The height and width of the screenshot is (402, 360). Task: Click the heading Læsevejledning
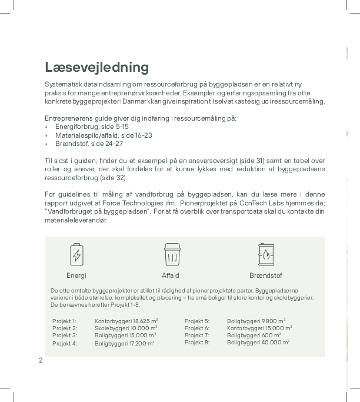point(97,67)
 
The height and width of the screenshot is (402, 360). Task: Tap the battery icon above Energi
point(76,255)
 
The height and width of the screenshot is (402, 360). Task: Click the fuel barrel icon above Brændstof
point(266,254)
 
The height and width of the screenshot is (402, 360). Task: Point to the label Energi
point(76,275)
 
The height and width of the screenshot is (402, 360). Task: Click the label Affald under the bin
point(171,275)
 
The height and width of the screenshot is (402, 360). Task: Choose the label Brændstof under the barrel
point(266,275)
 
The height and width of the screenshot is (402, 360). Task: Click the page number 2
point(41,360)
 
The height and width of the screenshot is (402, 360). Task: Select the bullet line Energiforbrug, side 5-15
point(92,127)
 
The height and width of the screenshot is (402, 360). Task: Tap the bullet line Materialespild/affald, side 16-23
point(104,135)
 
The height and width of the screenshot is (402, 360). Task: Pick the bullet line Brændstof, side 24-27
point(89,144)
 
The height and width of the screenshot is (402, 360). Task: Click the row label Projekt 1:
point(65,321)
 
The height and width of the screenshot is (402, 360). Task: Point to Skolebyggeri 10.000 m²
point(126,328)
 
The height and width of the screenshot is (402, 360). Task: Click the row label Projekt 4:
point(65,343)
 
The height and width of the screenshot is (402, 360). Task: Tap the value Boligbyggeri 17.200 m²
point(125,343)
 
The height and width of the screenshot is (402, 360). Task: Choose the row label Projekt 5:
point(197,321)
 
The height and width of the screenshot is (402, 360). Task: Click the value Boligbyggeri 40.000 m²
point(258,343)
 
